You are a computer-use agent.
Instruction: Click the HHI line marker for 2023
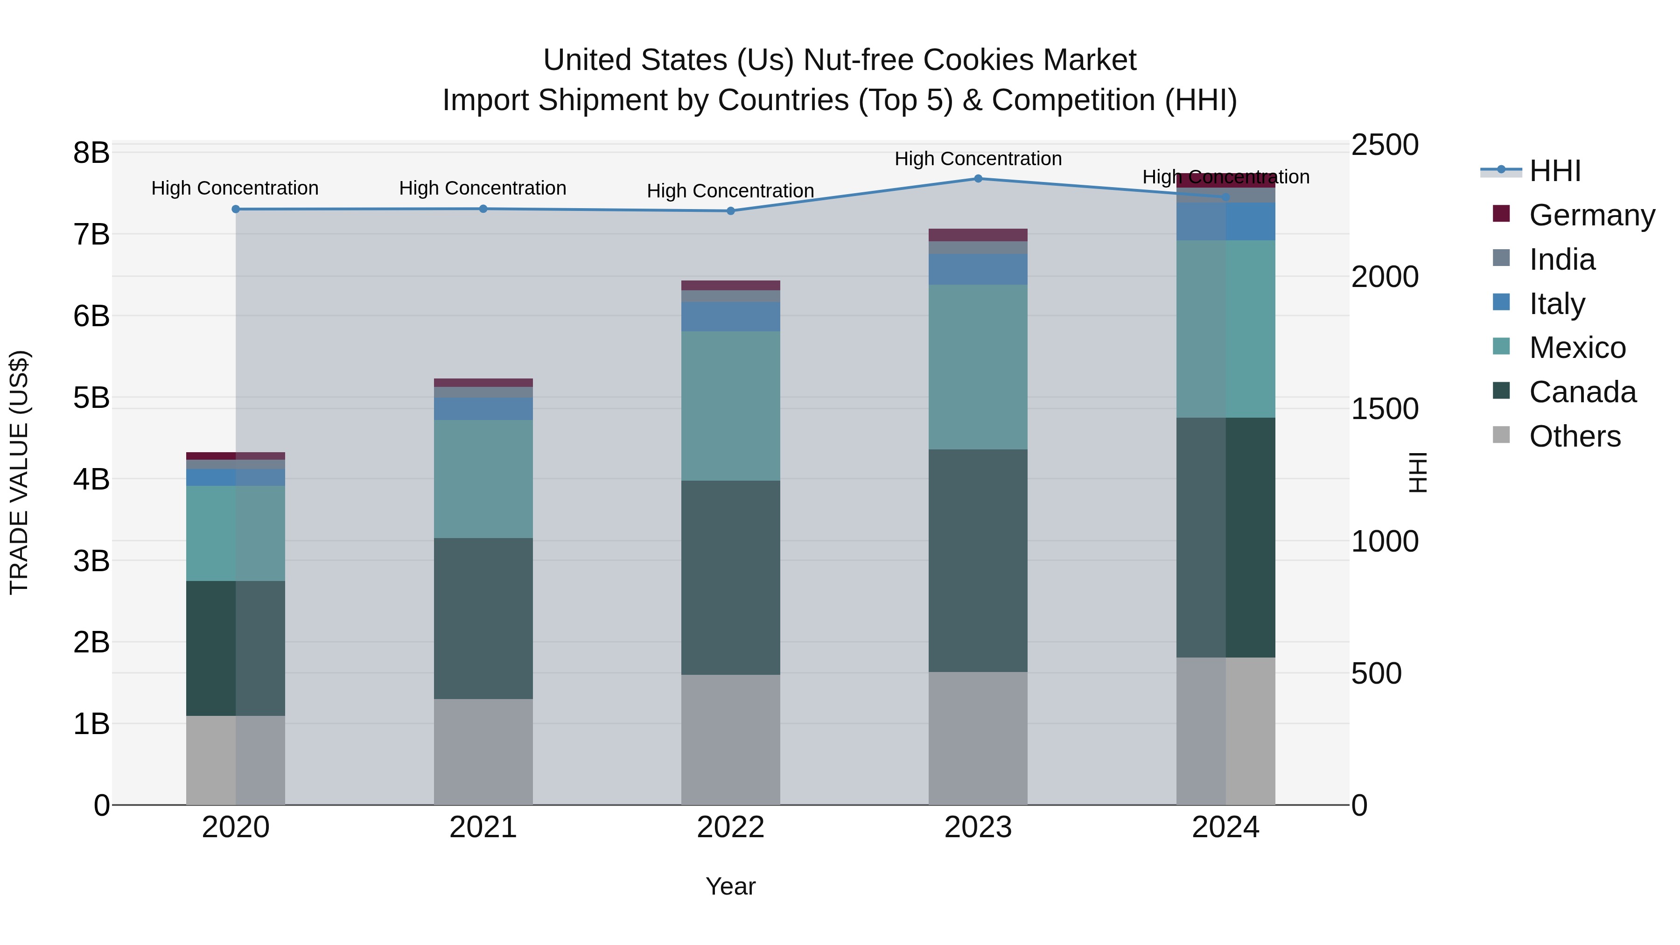(978, 179)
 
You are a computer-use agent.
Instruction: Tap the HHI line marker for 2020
(236, 210)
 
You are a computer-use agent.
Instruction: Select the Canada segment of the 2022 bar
(730, 578)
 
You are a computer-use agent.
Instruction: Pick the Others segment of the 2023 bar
(978, 738)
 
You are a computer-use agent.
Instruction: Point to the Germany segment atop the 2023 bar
(978, 235)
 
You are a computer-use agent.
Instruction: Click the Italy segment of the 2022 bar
(730, 316)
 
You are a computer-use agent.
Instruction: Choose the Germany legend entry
(1591, 215)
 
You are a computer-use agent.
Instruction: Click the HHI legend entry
(1555, 171)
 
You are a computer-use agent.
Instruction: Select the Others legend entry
(1575, 436)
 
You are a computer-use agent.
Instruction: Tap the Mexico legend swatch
(1501, 346)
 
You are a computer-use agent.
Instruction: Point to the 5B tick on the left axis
(91, 398)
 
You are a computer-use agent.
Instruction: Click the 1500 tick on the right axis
(1385, 409)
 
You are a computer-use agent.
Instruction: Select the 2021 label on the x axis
(483, 827)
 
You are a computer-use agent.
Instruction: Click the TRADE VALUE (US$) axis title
(20, 472)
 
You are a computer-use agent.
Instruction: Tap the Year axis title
(730, 886)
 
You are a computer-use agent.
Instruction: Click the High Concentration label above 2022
(730, 191)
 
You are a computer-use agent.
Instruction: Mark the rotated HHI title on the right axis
(1417, 472)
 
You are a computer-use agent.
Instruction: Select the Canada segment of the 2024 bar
(1225, 538)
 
